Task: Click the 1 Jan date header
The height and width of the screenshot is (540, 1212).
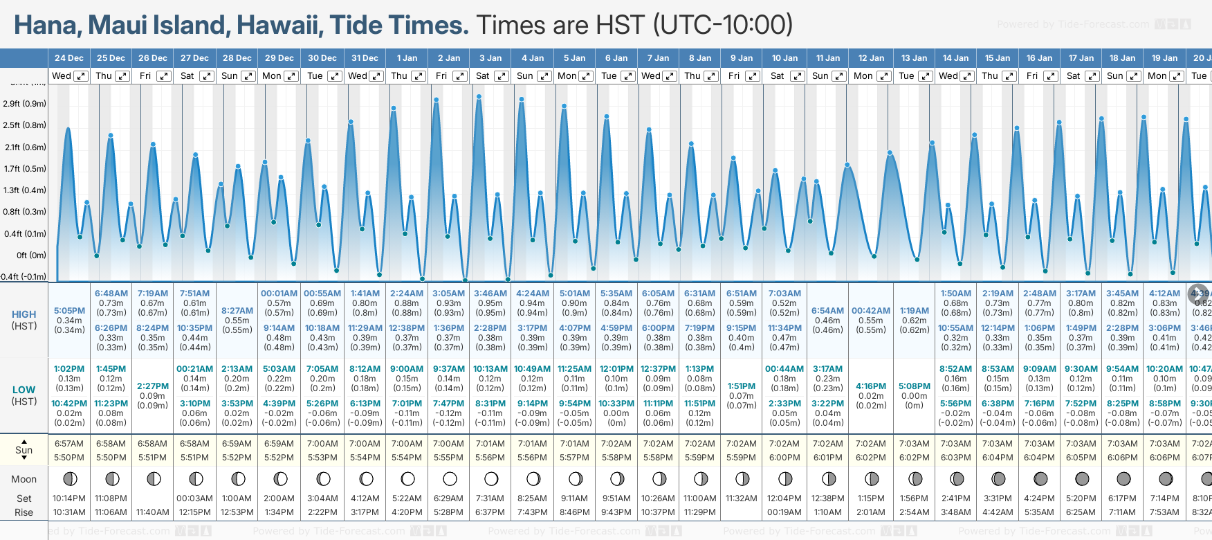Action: tap(407, 58)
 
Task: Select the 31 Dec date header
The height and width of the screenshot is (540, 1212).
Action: tap(365, 58)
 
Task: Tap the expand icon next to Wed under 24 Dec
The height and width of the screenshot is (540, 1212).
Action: tap(81, 76)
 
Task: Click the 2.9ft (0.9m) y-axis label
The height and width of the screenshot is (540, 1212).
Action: tap(25, 104)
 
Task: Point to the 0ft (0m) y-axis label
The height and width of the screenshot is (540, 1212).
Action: tap(32, 255)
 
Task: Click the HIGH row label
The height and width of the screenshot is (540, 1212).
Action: tap(24, 314)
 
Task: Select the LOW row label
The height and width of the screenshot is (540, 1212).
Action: tap(24, 390)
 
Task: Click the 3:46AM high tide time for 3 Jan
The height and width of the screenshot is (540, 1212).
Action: tap(490, 294)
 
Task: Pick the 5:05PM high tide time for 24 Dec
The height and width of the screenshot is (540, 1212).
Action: tap(69, 311)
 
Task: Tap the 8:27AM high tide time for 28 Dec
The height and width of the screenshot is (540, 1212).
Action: tap(237, 311)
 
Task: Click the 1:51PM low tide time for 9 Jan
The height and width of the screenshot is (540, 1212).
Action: tap(742, 386)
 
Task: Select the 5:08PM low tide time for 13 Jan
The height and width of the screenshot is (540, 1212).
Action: tap(915, 386)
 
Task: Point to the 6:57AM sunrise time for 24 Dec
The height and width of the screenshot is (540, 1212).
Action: tap(69, 444)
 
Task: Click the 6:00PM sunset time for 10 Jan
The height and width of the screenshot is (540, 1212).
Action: tap(784, 458)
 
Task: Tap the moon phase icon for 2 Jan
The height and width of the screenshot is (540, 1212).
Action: tap(450, 478)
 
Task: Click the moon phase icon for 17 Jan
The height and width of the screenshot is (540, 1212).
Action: tap(1082, 478)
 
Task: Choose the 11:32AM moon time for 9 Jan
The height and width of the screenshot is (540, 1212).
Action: tap(742, 498)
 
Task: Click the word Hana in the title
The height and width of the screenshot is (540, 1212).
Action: tap(46, 26)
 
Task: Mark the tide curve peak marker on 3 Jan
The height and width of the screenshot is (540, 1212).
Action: tap(479, 97)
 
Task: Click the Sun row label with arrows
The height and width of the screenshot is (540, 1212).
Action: tap(24, 450)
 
